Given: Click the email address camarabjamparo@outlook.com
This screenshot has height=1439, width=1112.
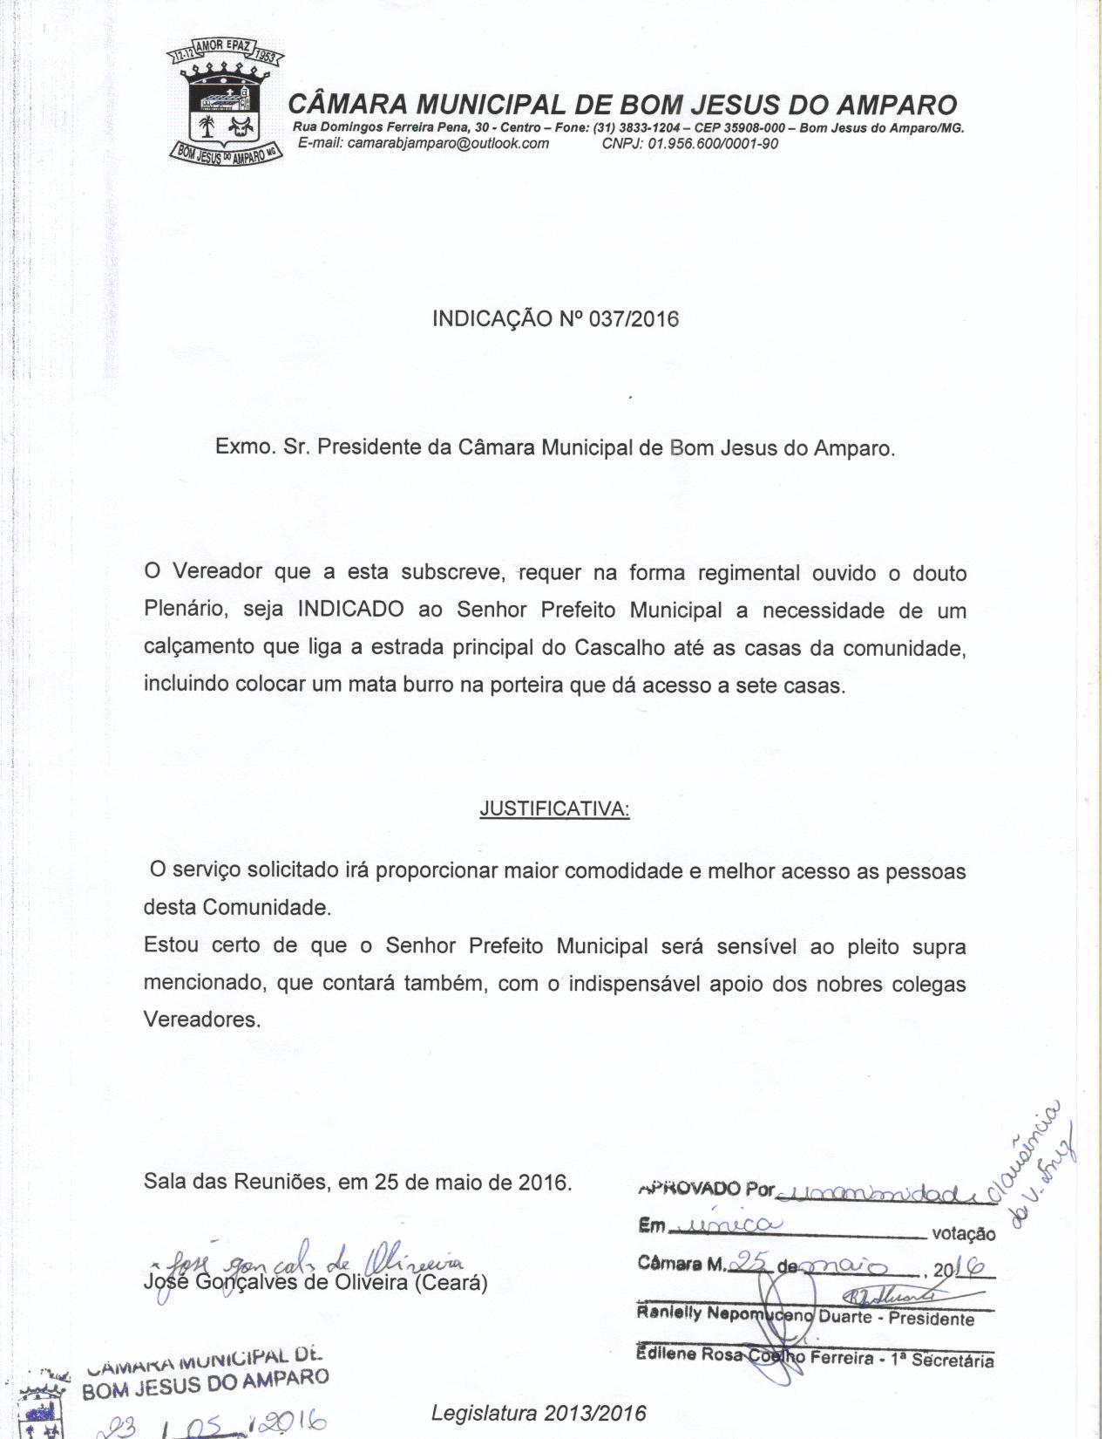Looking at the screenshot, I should pyautogui.click(x=448, y=143).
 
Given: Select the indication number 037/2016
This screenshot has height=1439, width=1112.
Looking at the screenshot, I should pyautogui.click(x=634, y=318).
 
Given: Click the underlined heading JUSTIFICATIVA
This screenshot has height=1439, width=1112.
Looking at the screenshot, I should pyautogui.click(x=554, y=809).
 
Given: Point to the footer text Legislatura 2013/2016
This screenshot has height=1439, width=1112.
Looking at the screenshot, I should pyautogui.click(x=539, y=1412).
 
